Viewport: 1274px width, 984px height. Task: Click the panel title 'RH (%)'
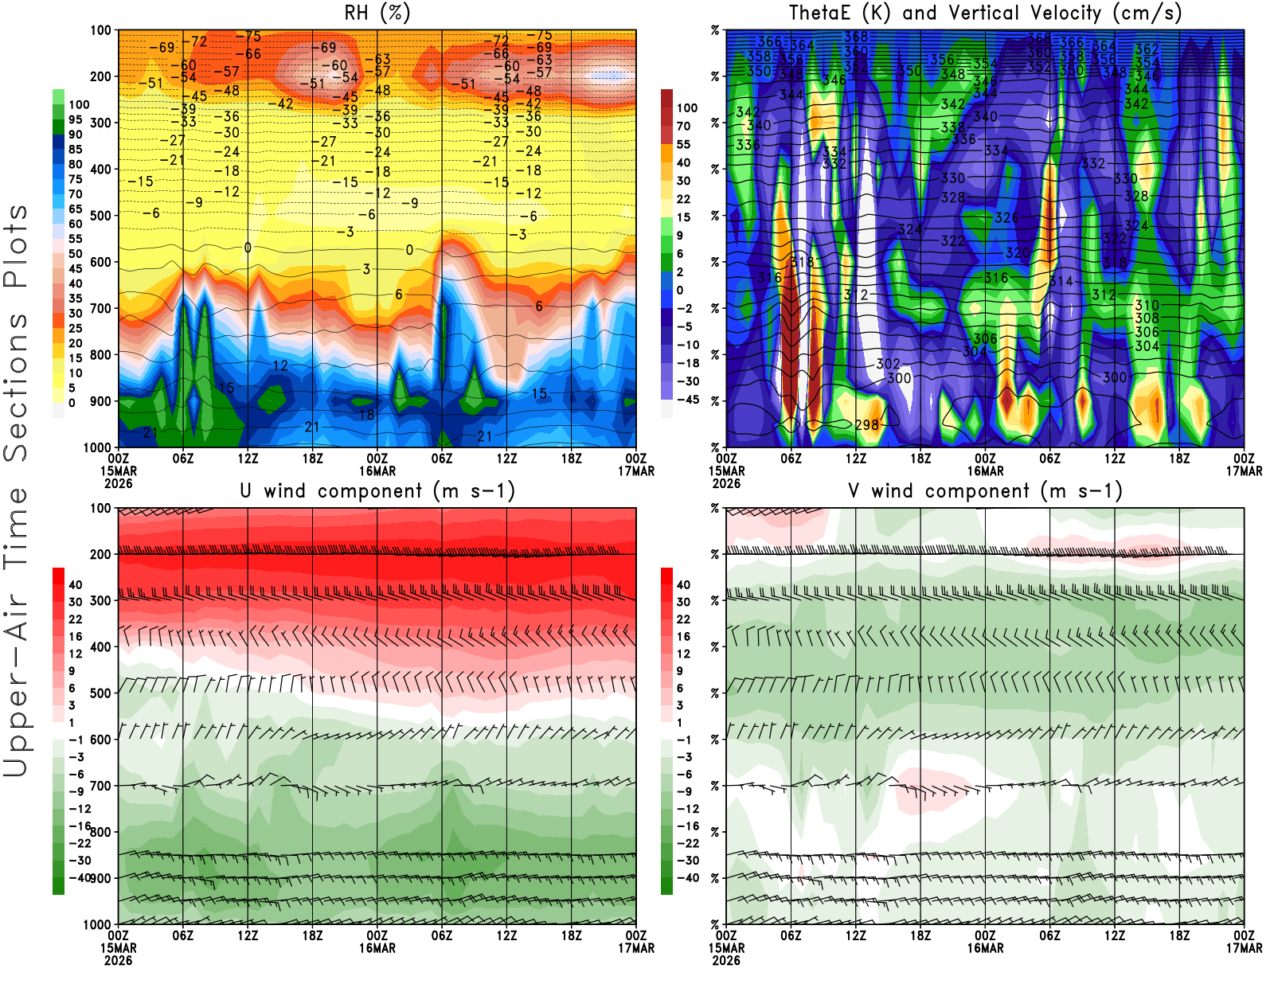pyautogui.click(x=377, y=13)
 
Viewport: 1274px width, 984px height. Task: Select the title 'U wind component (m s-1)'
pyautogui.click(x=377, y=490)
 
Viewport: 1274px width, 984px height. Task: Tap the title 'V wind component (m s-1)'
pyautogui.click(x=985, y=490)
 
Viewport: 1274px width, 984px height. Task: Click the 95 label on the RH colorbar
pyautogui.click(x=75, y=119)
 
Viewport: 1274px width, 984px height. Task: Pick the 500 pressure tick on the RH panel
pyautogui.click(x=100, y=216)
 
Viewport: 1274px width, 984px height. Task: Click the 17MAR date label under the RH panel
pyautogui.click(x=636, y=471)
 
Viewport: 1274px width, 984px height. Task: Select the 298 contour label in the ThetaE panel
pyautogui.click(x=866, y=425)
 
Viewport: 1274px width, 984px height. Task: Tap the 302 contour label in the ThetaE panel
pyautogui.click(x=888, y=364)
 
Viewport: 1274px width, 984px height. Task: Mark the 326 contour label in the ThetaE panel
pyautogui.click(x=1006, y=217)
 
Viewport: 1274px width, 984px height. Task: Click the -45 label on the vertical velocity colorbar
pyautogui.click(x=686, y=400)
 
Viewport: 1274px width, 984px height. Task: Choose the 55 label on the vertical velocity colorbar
pyautogui.click(x=683, y=144)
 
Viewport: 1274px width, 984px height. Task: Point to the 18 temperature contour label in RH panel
pyautogui.click(x=365, y=415)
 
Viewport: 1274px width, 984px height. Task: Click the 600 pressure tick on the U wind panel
pyautogui.click(x=100, y=740)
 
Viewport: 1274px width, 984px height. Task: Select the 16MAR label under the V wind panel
pyautogui.click(x=985, y=948)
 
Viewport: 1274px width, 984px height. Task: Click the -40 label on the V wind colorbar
pyautogui.click(x=686, y=878)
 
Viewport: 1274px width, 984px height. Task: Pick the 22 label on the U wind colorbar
pyautogui.click(x=75, y=619)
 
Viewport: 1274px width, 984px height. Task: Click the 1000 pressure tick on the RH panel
pyautogui.click(x=97, y=447)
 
